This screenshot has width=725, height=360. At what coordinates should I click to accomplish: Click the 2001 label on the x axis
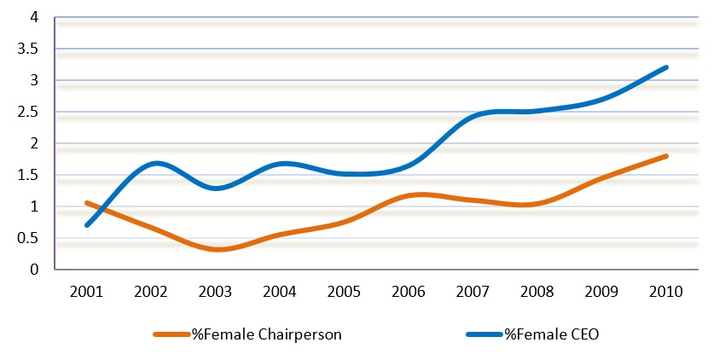pos(86,292)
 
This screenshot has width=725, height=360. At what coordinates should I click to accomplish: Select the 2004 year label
pos(279,292)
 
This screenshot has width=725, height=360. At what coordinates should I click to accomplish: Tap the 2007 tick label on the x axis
pos(472,292)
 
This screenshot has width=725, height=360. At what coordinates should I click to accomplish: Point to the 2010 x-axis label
pos(664,292)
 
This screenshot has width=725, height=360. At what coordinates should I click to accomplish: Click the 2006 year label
pos(408,292)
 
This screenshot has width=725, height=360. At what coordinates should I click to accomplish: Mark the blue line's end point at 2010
pos(665,67)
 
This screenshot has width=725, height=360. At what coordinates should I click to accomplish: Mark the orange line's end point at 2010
pos(665,156)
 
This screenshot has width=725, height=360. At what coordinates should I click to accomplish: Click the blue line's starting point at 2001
pos(87,225)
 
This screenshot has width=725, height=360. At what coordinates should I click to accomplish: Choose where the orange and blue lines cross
pos(101,207)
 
